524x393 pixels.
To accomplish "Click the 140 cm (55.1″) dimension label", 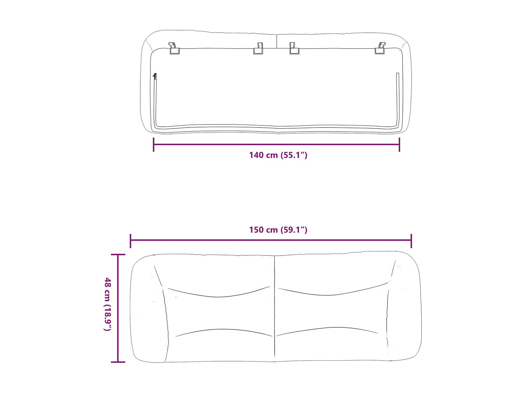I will click(x=278, y=155).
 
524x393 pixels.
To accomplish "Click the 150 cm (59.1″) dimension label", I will click(x=278, y=230).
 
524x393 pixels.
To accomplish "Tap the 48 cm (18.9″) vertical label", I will click(x=108, y=304).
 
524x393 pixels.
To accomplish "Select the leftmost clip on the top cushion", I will click(x=174, y=49).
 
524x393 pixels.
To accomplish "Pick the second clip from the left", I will click(x=259, y=49).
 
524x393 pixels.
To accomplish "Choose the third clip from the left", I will click(x=294, y=49).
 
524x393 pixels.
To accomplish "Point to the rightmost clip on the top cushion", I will click(x=380, y=49).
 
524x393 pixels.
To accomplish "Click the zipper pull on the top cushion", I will click(x=155, y=77).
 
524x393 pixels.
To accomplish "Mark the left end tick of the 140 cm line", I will click(x=154, y=145).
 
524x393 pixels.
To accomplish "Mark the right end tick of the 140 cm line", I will click(x=399, y=145).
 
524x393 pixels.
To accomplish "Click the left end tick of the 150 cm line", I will click(x=130, y=241).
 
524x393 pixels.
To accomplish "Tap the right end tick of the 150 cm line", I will click(x=411, y=241).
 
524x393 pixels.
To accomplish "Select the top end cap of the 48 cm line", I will click(x=118, y=255).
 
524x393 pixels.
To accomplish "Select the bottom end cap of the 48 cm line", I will click(x=118, y=362).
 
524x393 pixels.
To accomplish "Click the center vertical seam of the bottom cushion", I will click(x=275, y=307).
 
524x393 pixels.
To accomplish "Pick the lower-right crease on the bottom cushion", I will click(x=327, y=329).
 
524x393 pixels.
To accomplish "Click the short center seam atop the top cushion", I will click(x=277, y=41).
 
